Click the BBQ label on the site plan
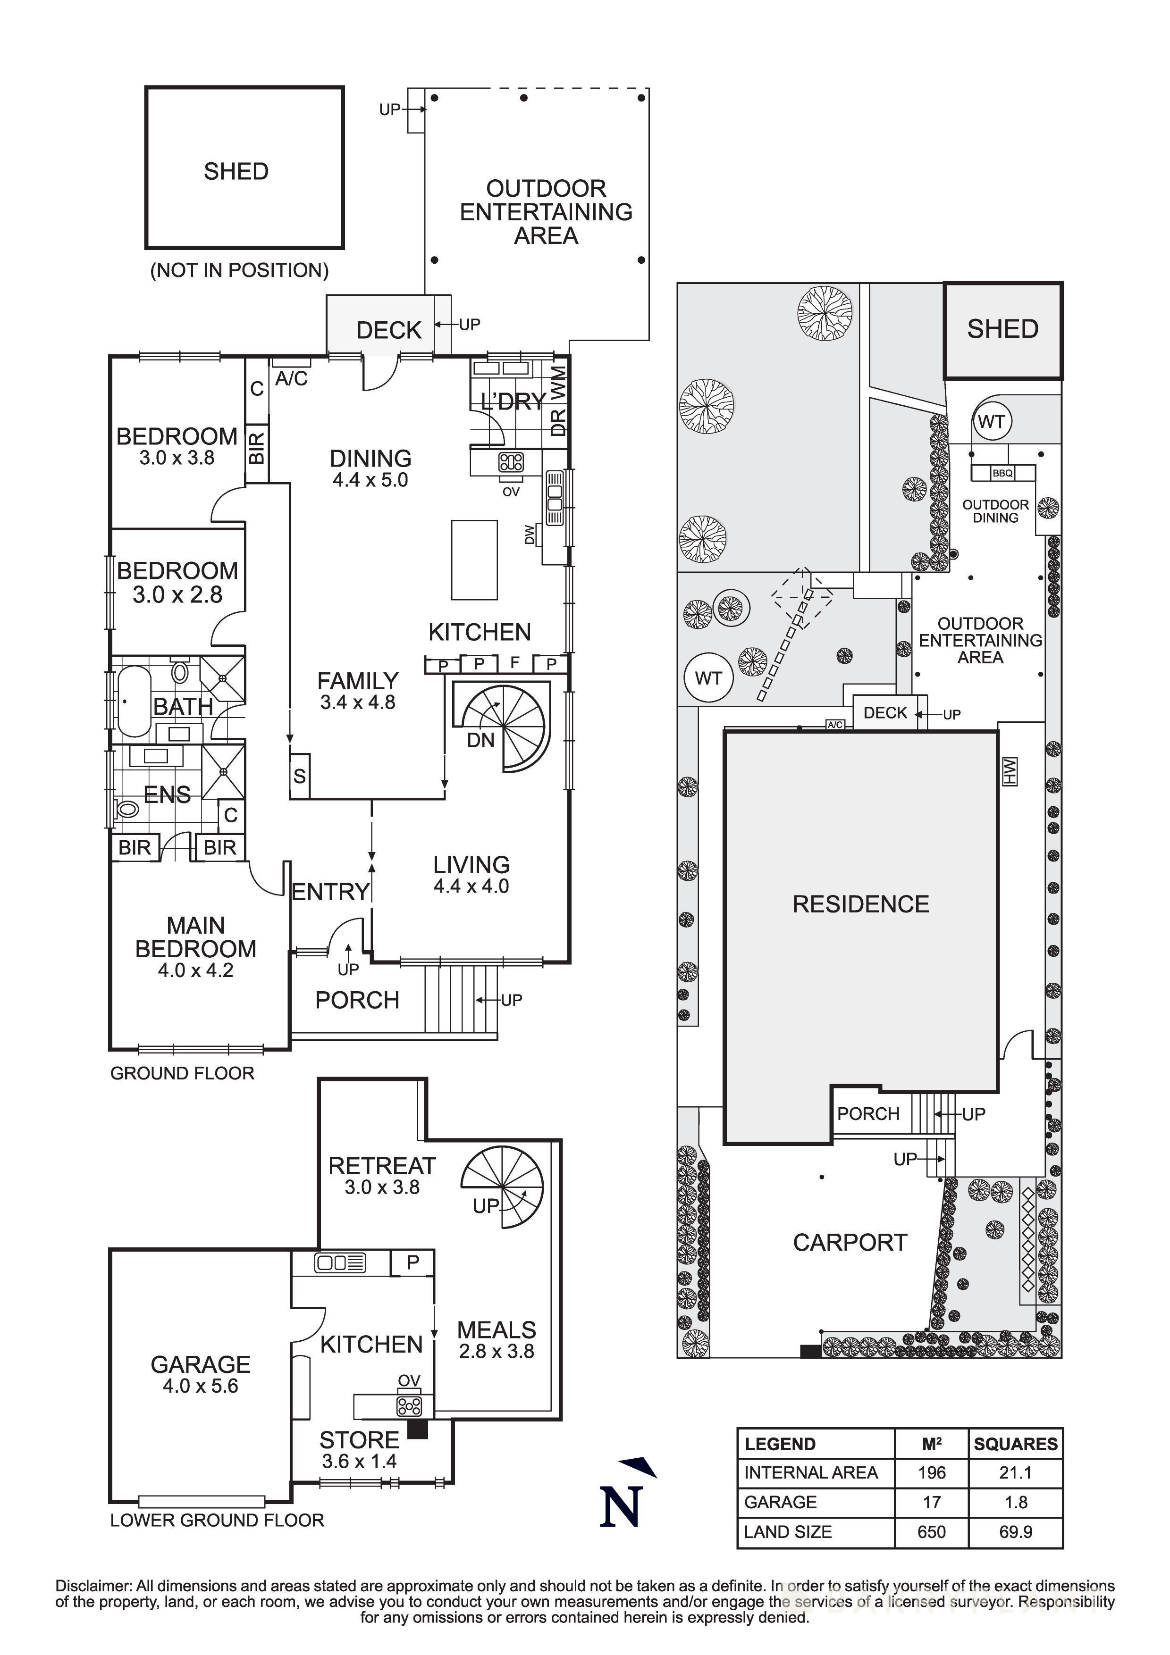pyautogui.click(x=1002, y=474)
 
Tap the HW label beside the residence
pyautogui.click(x=1009, y=771)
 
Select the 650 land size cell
pyautogui.click(x=931, y=1532)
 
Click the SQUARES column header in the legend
pyautogui.click(x=1015, y=1444)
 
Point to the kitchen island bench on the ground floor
pyautogui.click(x=474, y=560)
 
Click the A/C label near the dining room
pyautogui.click(x=291, y=378)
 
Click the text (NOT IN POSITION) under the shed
pyautogui.click(x=239, y=270)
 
